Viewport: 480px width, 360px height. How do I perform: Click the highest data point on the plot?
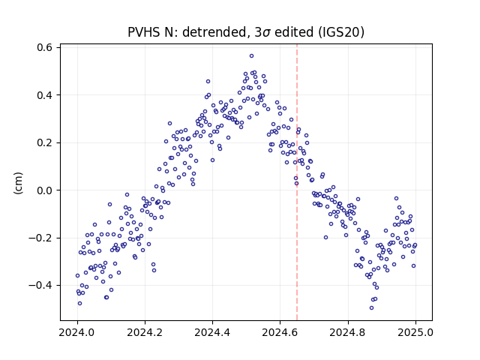(252, 56)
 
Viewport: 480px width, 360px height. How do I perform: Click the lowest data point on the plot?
(372, 308)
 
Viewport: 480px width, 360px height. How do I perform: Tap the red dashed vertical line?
(297, 182)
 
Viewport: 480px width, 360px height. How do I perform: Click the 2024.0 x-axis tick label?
(77, 332)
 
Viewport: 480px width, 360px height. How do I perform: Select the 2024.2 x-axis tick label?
(145, 332)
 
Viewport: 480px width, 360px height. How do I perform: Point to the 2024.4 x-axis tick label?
(212, 332)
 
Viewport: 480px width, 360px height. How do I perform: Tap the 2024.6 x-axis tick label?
(280, 332)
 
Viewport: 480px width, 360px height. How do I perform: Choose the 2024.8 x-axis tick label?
(348, 332)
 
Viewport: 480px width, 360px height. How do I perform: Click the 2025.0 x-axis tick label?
(415, 332)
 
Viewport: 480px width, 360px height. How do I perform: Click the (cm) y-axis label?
(18, 183)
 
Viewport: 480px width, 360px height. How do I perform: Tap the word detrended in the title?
(214, 32)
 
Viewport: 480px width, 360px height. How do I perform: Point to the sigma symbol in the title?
(267, 33)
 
